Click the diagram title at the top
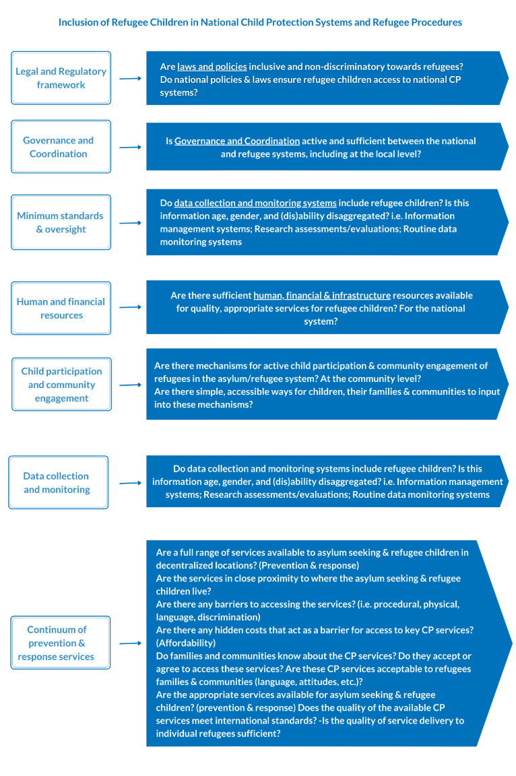(260, 22)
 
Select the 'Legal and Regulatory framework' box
(61, 78)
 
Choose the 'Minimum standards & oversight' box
(61, 222)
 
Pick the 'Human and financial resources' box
(61, 309)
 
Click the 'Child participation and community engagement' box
(61, 385)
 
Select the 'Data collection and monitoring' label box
(58, 482)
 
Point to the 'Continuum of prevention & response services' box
(61, 643)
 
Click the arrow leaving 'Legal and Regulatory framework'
(130, 78)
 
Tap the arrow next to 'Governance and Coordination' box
(130, 147)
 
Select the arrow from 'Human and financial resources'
(130, 308)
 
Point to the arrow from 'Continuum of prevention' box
(130, 643)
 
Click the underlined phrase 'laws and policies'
(212, 67)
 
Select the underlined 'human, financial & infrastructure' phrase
(322, 295)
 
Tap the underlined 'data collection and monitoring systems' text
(255, 203)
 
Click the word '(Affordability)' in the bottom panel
(186, 643)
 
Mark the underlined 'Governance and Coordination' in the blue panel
(237, 141)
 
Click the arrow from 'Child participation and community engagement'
(130, 385)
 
